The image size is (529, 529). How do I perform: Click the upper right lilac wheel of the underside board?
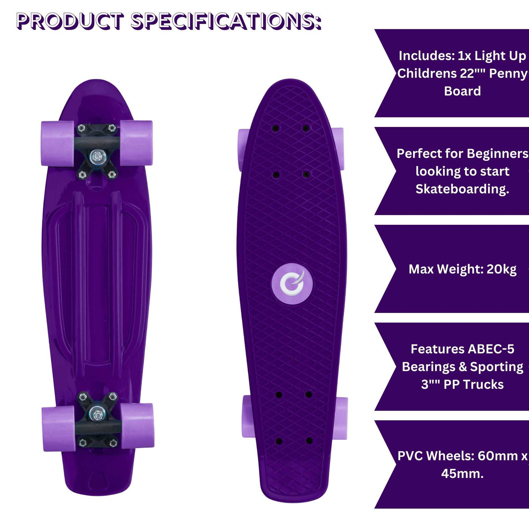(136, 143)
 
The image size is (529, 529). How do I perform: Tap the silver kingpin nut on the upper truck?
(97, 155)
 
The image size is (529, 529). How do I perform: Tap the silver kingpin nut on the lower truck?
(97, 414)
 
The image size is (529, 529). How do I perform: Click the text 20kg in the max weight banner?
(501, 269)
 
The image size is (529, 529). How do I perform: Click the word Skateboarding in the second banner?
(462, 189)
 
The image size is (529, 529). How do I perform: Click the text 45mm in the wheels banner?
(461, 474)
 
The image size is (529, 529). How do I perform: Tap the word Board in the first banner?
(462, 91)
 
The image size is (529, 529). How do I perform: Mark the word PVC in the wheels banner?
(410, 456)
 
